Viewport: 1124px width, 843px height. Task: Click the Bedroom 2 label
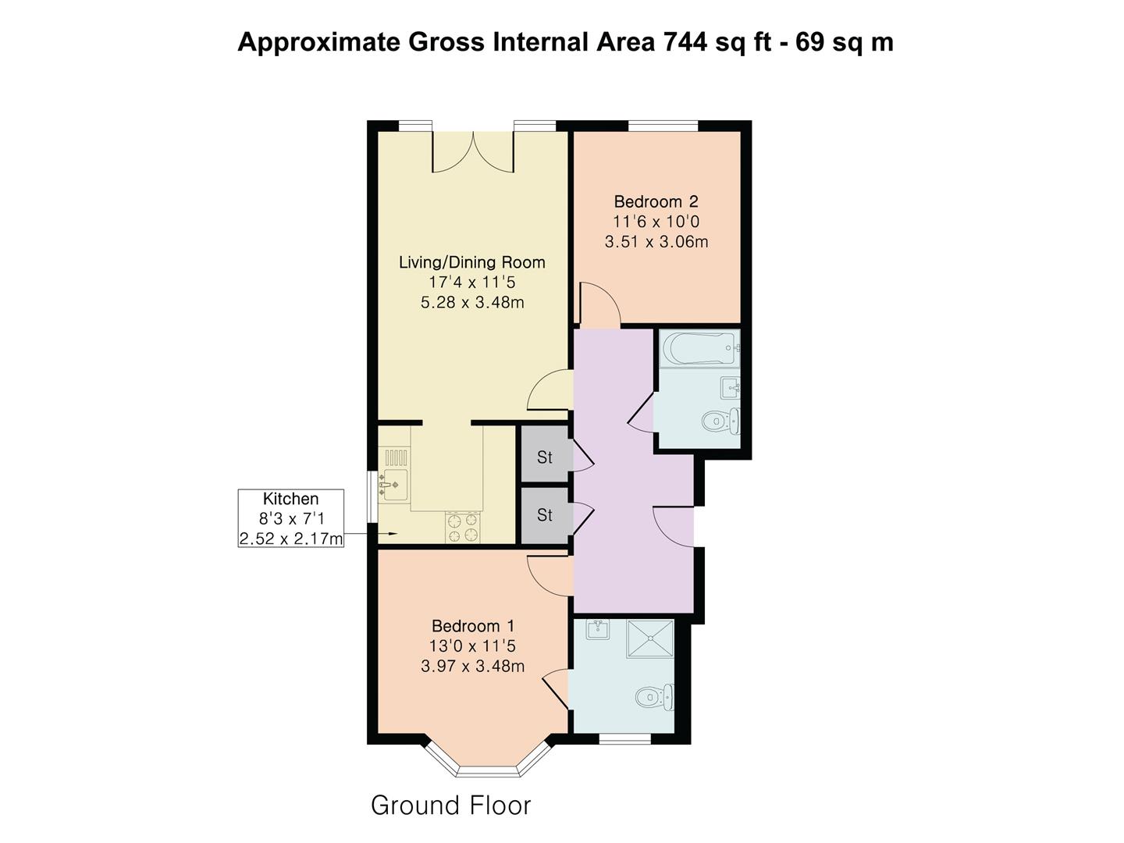point(656,201)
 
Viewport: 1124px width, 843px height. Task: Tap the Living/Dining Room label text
point(471,262)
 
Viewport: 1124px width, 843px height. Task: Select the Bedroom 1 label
point(472,626)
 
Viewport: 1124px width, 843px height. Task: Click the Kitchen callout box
point(290,518)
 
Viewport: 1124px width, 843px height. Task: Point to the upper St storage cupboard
point(544,457)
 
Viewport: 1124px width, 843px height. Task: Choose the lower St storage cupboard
point(544,515)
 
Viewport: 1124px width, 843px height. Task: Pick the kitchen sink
point(392,485)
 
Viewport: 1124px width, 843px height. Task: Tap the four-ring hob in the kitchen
point(462,527)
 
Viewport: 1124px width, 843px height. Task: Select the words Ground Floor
point(450,805)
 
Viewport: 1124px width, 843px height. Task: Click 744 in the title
point(685,41)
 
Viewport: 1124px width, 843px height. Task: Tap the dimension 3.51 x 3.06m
point(656,242)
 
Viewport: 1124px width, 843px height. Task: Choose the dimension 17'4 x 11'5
point(471,282)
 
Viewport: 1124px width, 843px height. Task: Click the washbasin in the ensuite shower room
point(598,629)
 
